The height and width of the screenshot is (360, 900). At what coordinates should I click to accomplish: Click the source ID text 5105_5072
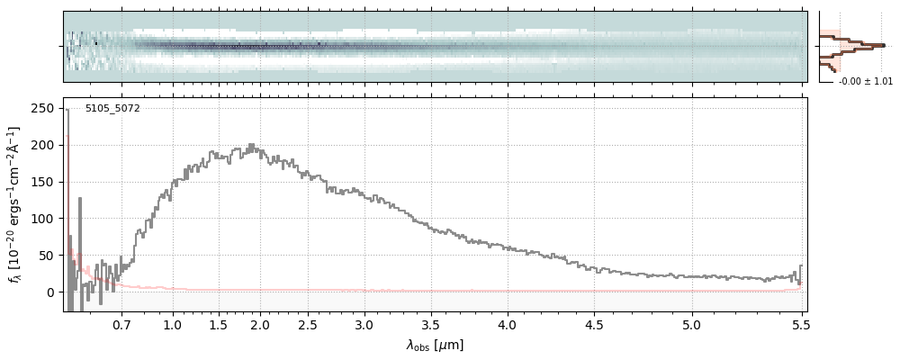tap(112, 109)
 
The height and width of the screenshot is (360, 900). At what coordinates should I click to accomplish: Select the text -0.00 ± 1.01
tap(865, 82)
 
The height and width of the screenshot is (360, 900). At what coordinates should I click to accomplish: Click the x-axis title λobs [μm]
tap(435, 345)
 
